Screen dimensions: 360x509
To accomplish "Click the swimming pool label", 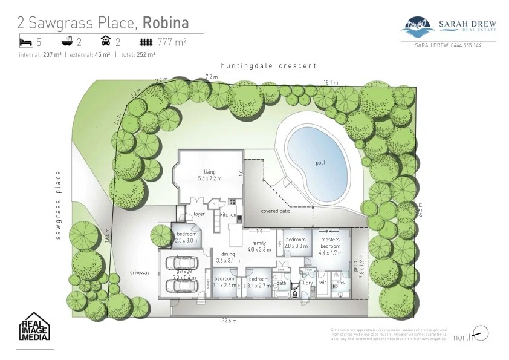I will pos(320,163).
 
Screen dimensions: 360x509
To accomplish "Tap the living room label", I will pos(210,175).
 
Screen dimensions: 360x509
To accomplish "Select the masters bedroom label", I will pos(330,243).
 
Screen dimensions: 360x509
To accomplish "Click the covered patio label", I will pos(276,211).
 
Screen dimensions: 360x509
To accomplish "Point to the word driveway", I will pos(139,272).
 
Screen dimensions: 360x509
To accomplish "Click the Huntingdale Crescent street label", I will pos(268,65).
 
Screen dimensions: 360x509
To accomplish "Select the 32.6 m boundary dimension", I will pos(229,321).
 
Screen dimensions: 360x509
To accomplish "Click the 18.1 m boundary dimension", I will pos(330,82).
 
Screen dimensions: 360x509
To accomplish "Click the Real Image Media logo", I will pos(34,327).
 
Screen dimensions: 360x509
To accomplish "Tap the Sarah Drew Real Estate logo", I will pos(450,27).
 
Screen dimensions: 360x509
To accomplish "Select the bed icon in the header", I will pos(25,42).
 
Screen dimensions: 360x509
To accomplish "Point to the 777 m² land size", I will pos(172,42).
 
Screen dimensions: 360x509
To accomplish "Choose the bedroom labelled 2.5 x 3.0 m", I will pos(186,237).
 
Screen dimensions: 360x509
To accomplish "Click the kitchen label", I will pos(228,215).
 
